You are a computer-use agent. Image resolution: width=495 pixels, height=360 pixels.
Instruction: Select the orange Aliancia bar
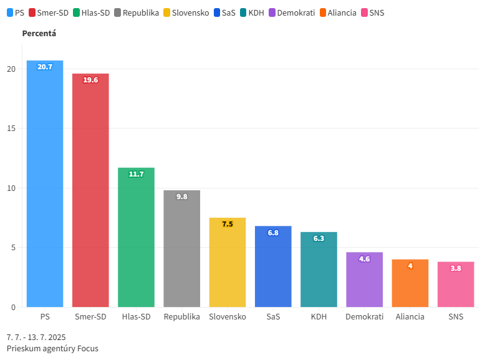pos(410,283)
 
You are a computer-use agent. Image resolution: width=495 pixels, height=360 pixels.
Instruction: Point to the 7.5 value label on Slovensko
pos(228,224)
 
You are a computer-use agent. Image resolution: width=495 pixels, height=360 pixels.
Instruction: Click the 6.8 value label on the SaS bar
pos(273,233)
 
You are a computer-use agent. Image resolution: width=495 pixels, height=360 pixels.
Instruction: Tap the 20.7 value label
pos(45,67)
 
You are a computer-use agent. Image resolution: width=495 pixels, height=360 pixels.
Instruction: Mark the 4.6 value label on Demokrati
pos(365,259)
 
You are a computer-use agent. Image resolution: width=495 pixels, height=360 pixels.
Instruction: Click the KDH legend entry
pos(251,12)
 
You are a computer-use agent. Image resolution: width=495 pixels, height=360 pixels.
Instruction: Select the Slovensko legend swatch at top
pos(167,12)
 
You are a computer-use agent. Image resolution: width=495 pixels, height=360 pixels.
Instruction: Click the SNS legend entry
pos(372,12)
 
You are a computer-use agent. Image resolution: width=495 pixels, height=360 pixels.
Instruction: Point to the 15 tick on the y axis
pos(11,129)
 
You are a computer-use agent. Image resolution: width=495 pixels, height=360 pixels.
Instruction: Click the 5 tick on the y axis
pos(13,248)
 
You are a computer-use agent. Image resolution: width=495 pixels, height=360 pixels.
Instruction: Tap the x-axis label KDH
pos(319,317)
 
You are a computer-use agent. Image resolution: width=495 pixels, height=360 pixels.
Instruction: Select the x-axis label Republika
pos(181,317)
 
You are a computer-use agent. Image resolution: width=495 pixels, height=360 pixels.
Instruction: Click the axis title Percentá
pos(39,33)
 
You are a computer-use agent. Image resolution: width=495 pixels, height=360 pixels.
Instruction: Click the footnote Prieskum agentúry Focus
pos(52,349)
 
